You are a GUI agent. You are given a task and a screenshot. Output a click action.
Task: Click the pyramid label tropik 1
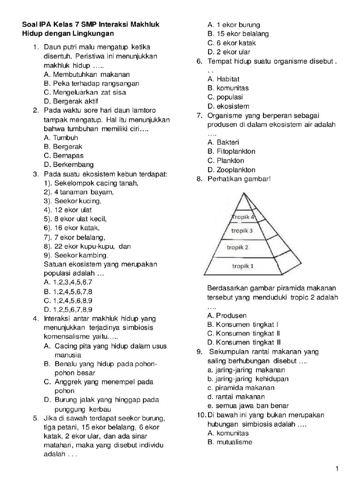point(243,266)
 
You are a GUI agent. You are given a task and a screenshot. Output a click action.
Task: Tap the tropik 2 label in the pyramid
point(237,247)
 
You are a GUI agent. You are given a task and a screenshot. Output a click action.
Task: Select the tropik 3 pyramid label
point(242,231)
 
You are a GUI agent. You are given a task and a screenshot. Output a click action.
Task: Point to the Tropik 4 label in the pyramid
point(243,217)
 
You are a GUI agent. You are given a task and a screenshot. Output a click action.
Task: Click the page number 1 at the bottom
point(337,468)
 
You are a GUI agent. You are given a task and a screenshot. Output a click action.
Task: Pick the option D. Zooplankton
point(232,170)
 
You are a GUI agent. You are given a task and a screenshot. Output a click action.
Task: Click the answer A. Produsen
point(227,315)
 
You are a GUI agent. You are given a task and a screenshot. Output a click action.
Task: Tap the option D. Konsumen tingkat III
point(244,342)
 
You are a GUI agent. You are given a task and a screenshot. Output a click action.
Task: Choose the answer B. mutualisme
point(230,442)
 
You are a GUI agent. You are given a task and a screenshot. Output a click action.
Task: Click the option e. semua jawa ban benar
point(247,406)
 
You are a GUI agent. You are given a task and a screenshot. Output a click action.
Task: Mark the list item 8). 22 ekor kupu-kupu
point(87,246)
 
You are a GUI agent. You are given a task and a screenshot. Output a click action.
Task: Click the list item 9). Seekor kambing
point(76,255)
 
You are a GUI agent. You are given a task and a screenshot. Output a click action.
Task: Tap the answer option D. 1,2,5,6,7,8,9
point(68,309)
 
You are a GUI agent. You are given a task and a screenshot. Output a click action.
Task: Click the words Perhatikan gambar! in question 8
point(239,179)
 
